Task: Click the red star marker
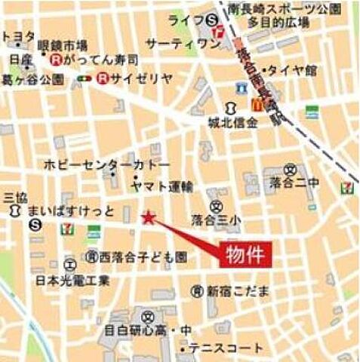coord(149,218)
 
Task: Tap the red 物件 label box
coord(245,255)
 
